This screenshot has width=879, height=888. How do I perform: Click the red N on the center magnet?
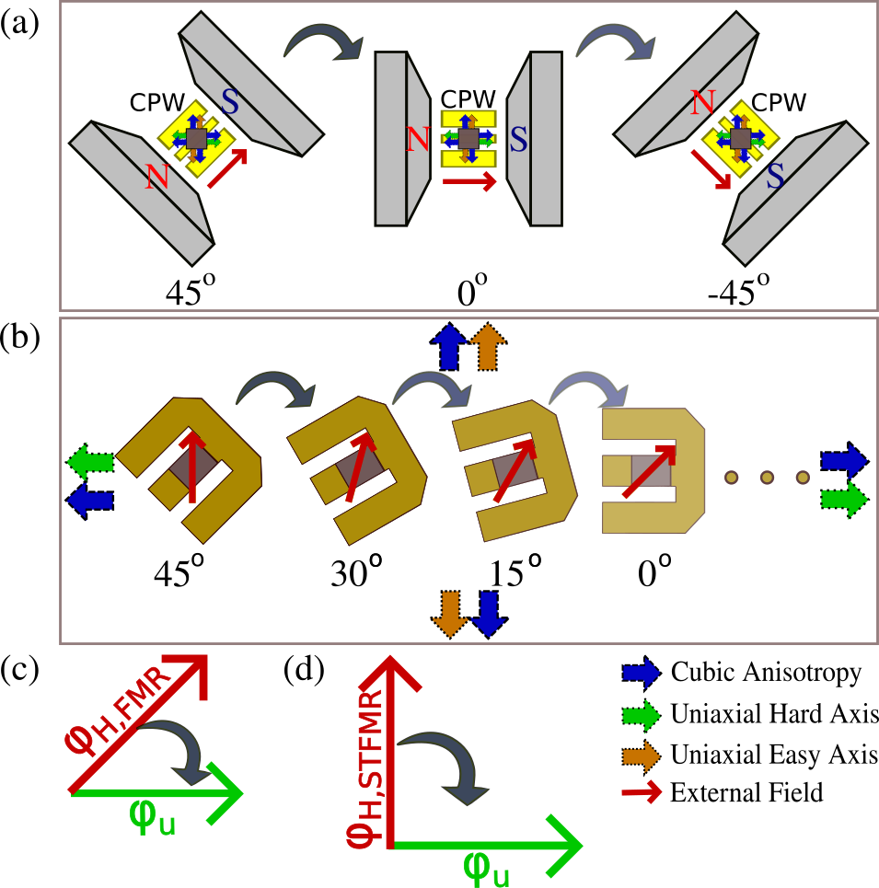(x=418, y=140)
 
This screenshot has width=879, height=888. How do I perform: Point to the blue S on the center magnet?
(x=519, y=140)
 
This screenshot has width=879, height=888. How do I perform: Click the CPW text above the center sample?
(x=468, y=98)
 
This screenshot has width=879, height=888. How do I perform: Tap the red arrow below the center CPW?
(x=468, y=182)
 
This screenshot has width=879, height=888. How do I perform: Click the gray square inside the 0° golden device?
(x=650, y=472)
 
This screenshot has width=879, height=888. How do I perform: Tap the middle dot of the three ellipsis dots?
(x=767, y=477)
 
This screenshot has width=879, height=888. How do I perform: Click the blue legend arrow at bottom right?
(x=642, y=674)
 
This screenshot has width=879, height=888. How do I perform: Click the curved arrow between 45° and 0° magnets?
(x=322, y=41)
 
